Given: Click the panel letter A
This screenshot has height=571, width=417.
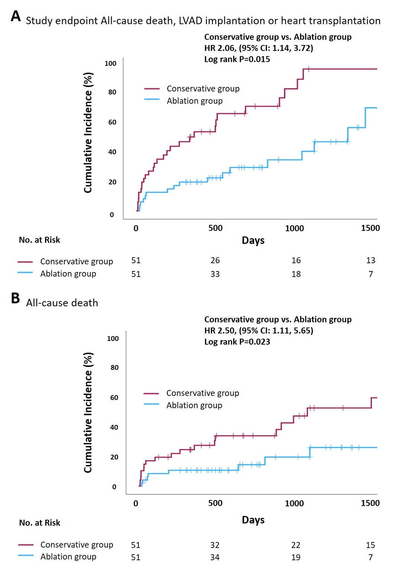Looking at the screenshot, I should (x=16, y=16).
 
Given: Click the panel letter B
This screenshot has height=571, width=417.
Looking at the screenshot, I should (x=15, y=298).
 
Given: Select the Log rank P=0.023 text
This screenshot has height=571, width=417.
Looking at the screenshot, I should (x=237, y=342).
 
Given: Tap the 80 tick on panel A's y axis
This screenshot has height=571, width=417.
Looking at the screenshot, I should (x=112, y=92).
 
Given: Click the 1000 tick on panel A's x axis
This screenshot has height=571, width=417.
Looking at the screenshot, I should (x=294, y=228).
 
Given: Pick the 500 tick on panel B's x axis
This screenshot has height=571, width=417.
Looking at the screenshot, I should (x=215, y=503).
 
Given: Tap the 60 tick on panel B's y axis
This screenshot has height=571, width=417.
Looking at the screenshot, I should (x=114, y=398).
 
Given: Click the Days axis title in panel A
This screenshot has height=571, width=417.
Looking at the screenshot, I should (x=253, y=241).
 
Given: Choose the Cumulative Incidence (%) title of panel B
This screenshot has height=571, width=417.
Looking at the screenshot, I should (x=88, y=413).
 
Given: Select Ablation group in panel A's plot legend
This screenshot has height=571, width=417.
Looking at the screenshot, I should (x=195, y=101).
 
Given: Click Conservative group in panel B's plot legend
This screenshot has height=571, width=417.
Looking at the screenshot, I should (x=202, y=393).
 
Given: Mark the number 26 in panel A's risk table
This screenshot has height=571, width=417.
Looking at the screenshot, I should (x=215, y=260).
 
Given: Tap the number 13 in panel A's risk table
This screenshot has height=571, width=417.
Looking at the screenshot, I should (x=371, y=260).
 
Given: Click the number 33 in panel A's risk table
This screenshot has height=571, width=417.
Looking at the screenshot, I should (x=215, y=274).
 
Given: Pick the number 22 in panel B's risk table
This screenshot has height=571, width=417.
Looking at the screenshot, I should (x=296, y=545).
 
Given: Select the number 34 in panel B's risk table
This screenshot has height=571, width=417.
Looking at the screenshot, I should (x=215, y=557).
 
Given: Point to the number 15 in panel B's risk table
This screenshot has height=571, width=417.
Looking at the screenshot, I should (x=370, y=545).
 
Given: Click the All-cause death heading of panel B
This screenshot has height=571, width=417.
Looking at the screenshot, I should (x=62, y=303).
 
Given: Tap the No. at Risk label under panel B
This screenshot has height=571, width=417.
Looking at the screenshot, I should (x=40, y=523).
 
